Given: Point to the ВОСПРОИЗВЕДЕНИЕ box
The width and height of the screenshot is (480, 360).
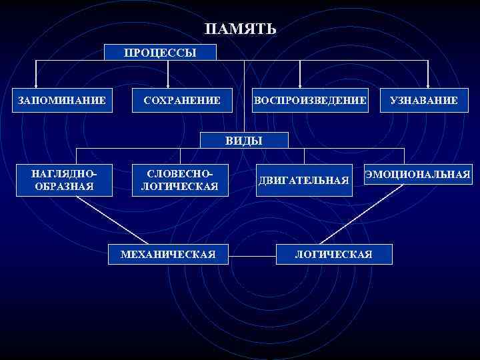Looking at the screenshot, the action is tap(309, 101).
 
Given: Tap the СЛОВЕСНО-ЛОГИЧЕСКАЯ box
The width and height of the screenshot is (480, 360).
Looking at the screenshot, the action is tap(179, 180).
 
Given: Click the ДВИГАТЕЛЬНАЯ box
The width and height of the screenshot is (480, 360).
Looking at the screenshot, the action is tap(303, 181).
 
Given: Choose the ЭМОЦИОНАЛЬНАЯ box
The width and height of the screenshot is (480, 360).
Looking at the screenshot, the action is tap(417, 174).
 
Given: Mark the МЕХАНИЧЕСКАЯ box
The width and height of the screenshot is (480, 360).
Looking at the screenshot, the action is tap(168, 254).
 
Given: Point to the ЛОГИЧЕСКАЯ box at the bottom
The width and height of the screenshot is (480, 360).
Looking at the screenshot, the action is tap(334, 254).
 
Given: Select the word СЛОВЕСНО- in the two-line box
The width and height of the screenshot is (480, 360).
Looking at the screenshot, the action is tap(179, 173).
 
